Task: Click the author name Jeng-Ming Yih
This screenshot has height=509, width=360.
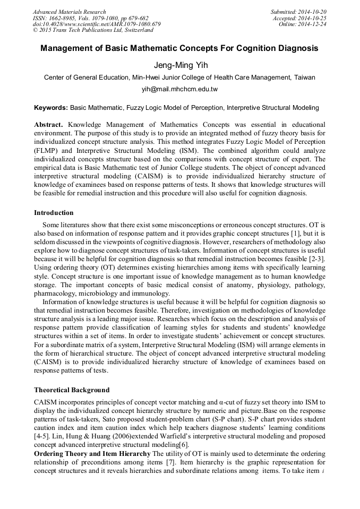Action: (x=179, y=65)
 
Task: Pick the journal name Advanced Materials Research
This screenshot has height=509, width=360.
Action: (x=70, y=12)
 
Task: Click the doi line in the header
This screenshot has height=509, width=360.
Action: (x=97, y=24)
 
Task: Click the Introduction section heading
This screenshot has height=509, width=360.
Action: (x=54, y=213)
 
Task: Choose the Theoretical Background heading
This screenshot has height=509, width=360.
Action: (x=72, y=390)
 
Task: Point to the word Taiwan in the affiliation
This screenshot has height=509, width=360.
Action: (x=304, y=77)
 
